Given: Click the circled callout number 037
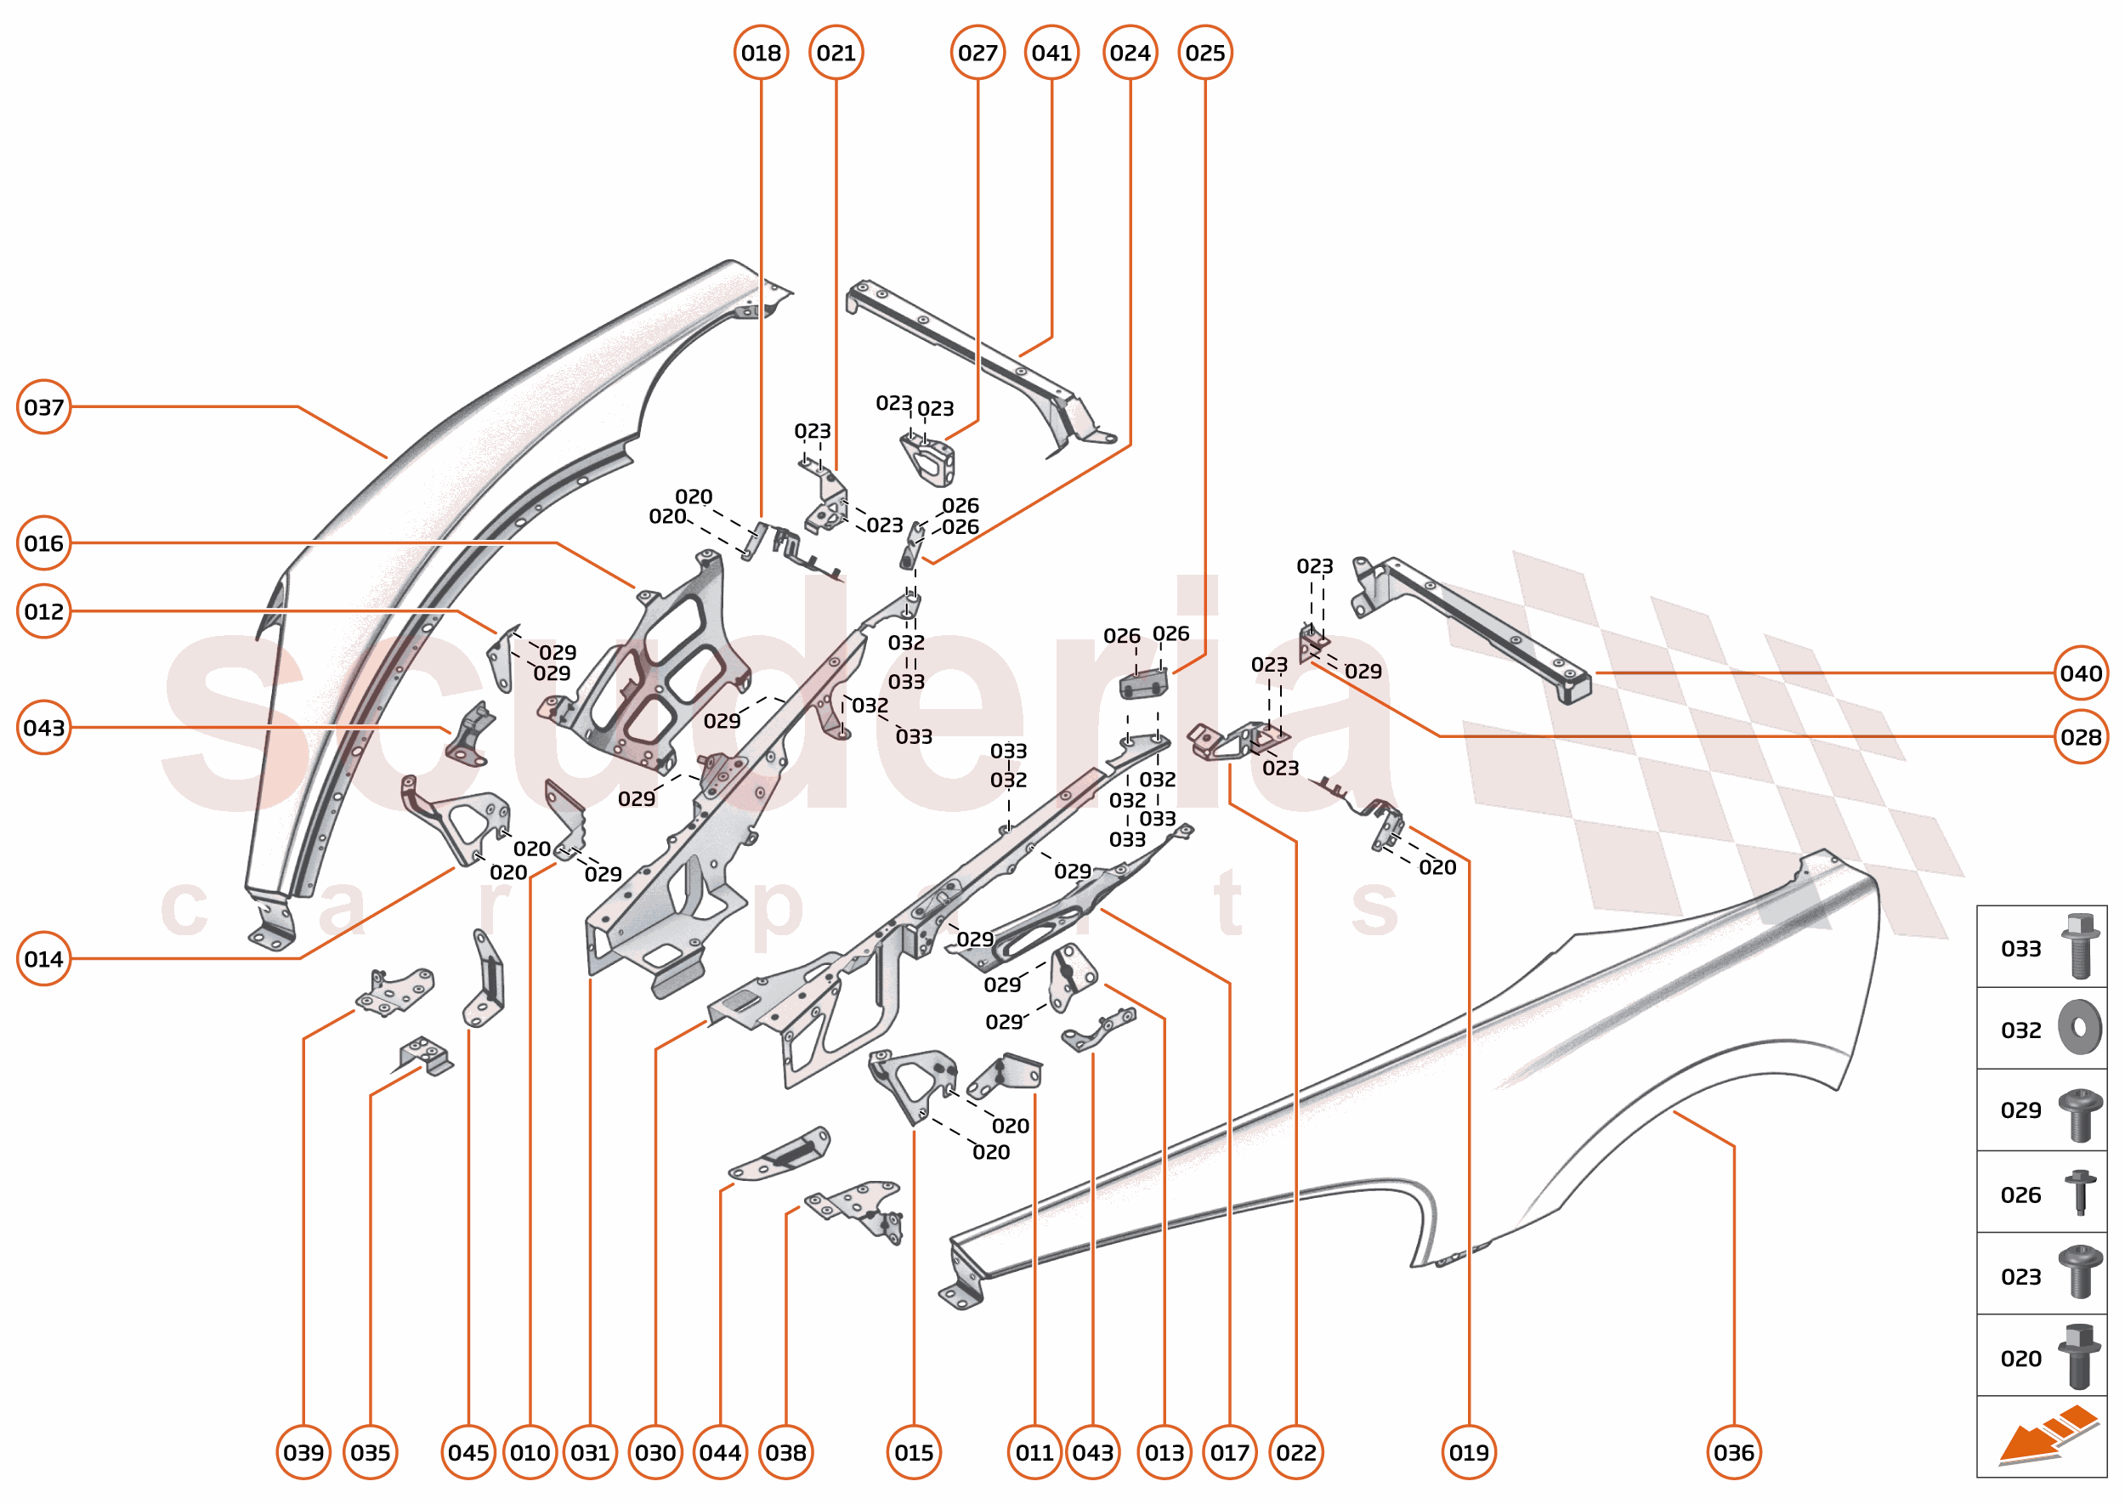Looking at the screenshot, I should pyautogui.click(x=43, y=406).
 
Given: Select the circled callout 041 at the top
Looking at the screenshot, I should pyautogui.click(x=1051, y=53).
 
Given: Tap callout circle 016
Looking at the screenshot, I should pyautogui.click(x=43, y=542).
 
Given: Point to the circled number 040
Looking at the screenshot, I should pyautogui.click(x=2081, y=673).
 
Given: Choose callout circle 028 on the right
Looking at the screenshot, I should pyautogui.click(x=2081, y=737).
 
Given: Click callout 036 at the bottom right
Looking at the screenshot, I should pyautogui.click(x=1733, y=1452).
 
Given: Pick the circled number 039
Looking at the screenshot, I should pyautogui.click(x=303, y=1452).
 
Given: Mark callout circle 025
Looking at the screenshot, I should pyautogui.click(x=1204, y=53).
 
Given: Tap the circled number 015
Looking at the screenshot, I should pyautogui.click(x=914, y=1452).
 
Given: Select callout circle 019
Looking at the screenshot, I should pyautogui.click(x=1469, y=1452).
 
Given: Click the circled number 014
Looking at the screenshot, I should pyautogui.click(x=43, y=958).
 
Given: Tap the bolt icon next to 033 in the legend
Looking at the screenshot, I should pyautogui.click(x=2080, y=945).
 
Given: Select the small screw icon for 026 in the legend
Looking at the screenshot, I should pyautogui.click(x=2080, y=1191).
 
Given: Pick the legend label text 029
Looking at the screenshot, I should pyautogui.click(x=2020, y=1110).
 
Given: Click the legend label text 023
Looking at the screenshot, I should pyautogui.click(x=2020, y=1277).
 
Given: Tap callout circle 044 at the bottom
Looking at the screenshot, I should pyautogui.click(x=720, y=1452).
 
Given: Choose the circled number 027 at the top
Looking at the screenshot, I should pyautogui.click(x=977, y=53).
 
